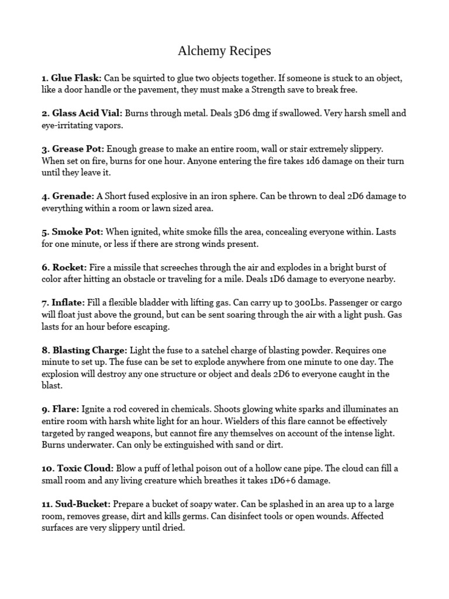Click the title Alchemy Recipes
224,51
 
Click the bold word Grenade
72,197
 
